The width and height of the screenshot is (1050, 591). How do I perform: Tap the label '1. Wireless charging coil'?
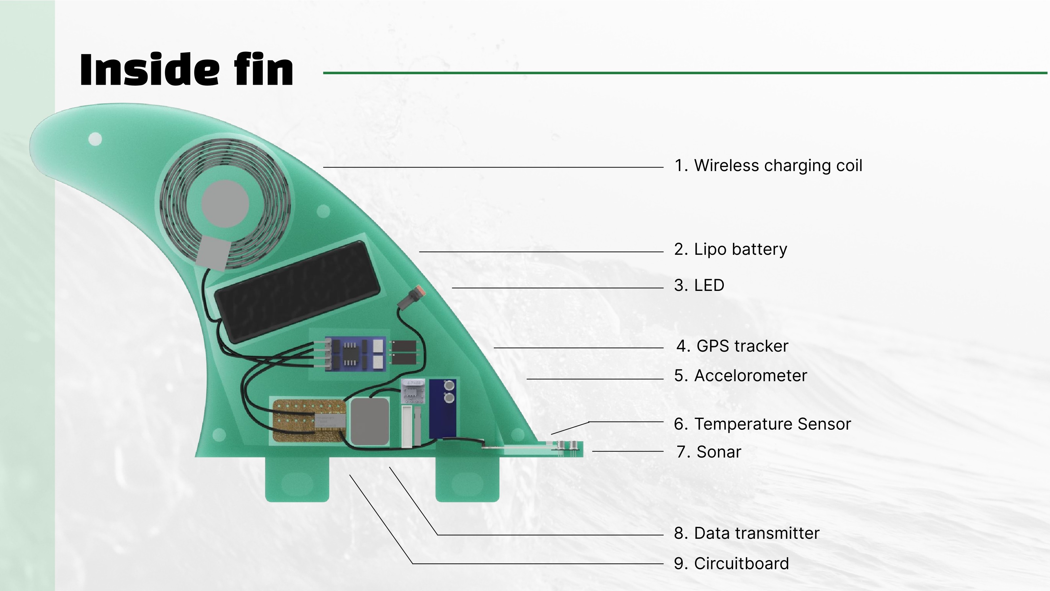(x=768, y=165)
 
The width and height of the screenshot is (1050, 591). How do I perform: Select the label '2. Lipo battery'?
(x=730, y=249)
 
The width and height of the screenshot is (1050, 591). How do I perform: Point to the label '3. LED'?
(x=699, y=285)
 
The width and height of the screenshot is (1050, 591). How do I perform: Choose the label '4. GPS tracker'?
(x=732, y=346)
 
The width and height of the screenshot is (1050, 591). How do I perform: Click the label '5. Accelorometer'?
(x=740, y=376)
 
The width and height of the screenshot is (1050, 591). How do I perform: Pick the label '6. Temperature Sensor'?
(x=762, y=424)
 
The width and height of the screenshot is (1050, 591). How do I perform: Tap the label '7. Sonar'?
(x=708, y=452)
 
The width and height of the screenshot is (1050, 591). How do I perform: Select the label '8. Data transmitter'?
(x=746, y=533)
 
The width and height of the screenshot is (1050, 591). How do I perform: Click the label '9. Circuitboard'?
(x=731, y=563)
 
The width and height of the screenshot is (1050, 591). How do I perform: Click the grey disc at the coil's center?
(x=225, y=204)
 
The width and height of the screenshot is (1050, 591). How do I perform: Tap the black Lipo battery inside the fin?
(x=297, y=291)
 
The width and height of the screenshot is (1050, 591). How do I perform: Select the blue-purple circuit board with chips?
(x=355, y=354)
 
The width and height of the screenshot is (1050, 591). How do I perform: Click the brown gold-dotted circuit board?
(x=308, y=421)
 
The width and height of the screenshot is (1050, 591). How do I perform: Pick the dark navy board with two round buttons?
(x=443, y=408)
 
